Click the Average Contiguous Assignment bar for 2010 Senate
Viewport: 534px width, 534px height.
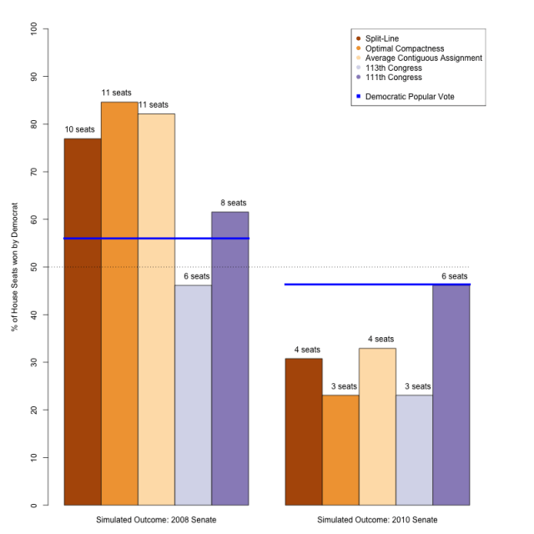point(377,426)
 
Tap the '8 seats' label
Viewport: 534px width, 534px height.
point(229,203)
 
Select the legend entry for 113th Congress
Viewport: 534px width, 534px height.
point(394,68)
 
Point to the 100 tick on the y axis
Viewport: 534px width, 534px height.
point(33,28)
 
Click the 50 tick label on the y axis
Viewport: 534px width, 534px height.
point(33,267)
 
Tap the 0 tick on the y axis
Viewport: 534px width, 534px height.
point(33,505)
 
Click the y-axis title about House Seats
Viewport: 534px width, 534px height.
point(14,267)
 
